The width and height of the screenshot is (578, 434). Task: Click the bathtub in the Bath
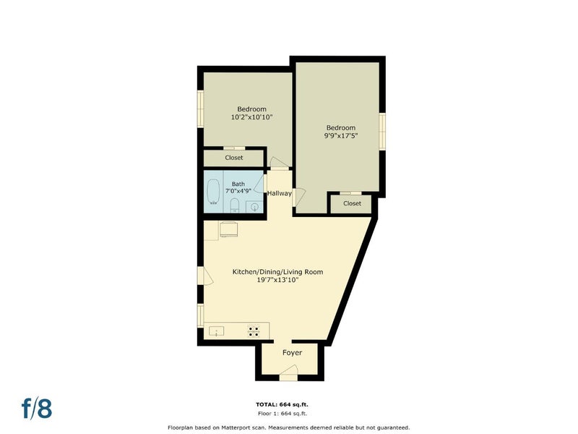(x=212, y=192)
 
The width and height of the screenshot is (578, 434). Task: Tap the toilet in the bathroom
(x=234, y=205)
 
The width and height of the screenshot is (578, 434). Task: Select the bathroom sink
(x=255, y=208)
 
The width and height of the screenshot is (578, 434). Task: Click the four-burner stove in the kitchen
(x=254, y=331)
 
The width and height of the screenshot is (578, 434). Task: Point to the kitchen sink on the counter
(x=216, y=331)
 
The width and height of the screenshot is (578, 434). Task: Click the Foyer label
(x=293, y=353)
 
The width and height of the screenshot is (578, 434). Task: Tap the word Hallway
(x=280, y=193)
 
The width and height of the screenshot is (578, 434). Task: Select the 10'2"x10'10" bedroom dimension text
(x=251, y=117)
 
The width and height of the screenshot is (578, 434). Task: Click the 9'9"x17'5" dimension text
(x=341, y=136)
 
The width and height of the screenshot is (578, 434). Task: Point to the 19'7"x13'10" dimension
(x=277, y=280)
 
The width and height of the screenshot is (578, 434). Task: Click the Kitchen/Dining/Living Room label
(x=277, y=272)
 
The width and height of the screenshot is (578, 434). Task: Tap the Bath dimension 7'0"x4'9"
(x=238, y=191)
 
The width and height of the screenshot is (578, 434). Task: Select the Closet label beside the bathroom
(x=234, y=158)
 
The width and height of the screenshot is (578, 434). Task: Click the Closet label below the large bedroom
(x=352, y=203)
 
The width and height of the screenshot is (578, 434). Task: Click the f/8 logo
(x=37, y=408)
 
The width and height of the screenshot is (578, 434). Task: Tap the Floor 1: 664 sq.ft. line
(x=282, y=414)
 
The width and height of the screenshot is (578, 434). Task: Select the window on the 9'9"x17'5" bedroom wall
(x=382, y=132)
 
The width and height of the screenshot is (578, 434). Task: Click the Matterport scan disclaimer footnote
(x=288, y=427)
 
